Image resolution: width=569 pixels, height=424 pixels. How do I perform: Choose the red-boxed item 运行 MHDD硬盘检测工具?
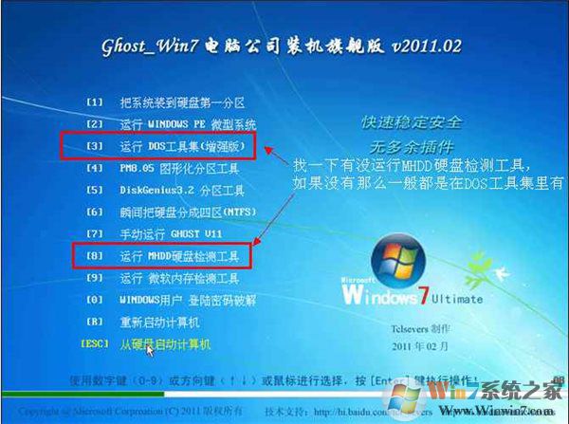185,256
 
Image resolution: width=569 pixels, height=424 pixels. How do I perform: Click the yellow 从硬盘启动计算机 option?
165,344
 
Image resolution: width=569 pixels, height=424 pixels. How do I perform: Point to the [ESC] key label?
96,344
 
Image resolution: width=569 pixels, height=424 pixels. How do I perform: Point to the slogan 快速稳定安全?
413,123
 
